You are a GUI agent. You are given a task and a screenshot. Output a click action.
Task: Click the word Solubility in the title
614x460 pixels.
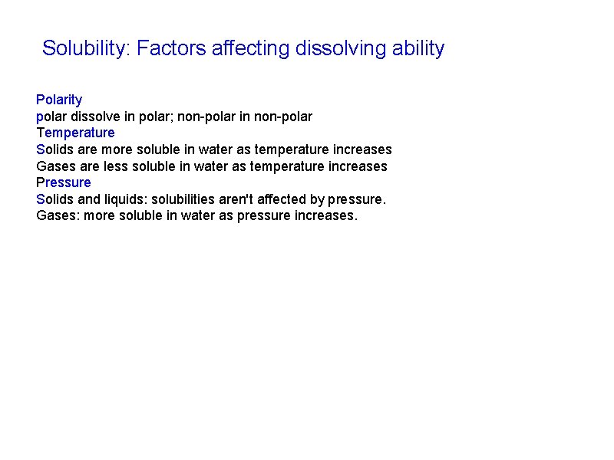85,49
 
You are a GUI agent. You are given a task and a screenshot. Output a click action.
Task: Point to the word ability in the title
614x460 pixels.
418,49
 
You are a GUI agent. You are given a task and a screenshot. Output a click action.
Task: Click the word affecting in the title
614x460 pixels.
253,49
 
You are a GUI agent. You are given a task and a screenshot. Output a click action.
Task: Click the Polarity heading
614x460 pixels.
59,100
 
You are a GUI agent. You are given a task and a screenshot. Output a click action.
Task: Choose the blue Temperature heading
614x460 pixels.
75,133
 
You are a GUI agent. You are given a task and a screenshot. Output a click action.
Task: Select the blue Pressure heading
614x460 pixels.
64,182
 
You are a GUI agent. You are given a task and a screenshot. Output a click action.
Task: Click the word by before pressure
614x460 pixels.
317,199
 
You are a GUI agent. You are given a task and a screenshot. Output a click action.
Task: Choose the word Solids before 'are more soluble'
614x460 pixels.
55,149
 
